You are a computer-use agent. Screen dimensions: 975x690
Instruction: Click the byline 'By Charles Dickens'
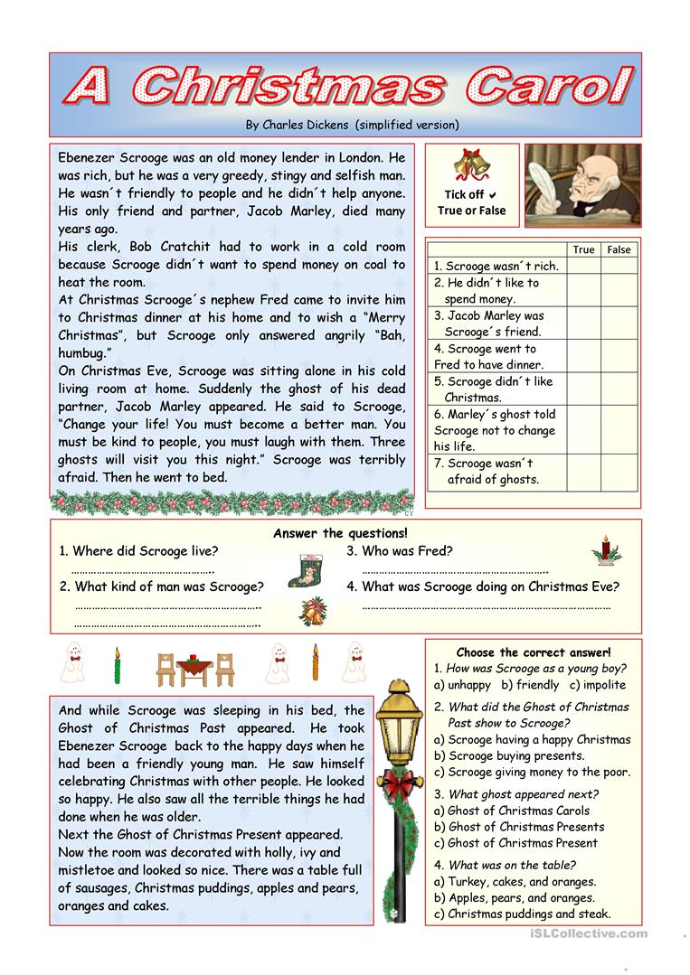tap(352, 125)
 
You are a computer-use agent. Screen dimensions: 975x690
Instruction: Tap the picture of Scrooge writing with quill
tap(581, 184)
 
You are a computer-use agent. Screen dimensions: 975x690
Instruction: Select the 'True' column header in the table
tap(583, 249)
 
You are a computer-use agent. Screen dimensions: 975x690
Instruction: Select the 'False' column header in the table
tap(619, 249)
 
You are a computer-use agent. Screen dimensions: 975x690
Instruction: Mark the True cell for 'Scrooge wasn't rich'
tap(583, 266)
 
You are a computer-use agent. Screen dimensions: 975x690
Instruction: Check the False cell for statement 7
tap(619, 472)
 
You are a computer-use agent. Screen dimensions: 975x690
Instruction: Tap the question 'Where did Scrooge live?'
tap(138, 551)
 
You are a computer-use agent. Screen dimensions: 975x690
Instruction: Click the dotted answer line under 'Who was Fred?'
tap(455, 571)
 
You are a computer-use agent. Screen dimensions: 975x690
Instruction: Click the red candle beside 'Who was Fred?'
tap(604, 549)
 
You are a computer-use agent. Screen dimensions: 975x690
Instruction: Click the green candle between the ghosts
tap(117, 665)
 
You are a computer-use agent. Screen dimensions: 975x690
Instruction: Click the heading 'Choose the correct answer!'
tap(533, 652)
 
